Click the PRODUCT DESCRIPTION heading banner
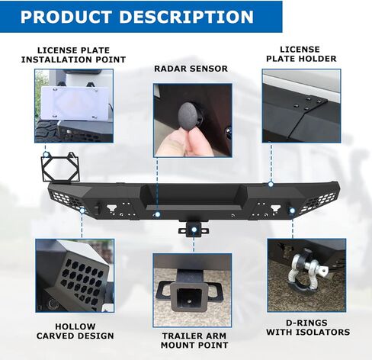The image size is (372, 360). click(141, 17)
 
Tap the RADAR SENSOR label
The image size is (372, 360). click(191, 69)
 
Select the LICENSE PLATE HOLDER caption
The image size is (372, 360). click(301, 54)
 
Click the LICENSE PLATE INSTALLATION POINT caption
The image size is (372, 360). click(73, 55)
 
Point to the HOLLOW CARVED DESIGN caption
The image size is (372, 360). click(75, 331)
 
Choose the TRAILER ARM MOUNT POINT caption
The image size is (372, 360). click(194, 340)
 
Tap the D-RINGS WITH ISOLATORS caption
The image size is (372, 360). click(308, 327)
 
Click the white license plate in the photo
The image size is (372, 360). click(72, 103)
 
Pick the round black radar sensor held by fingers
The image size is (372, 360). click(189, 116)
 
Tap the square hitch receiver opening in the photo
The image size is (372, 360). click(188, 297)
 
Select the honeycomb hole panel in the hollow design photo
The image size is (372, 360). click(82, 279)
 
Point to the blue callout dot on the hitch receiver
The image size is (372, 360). click(194, 230)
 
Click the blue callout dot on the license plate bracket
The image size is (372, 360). click(46, 154)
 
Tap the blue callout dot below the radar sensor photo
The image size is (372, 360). click(158, 214)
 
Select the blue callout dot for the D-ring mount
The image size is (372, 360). click(292, 211)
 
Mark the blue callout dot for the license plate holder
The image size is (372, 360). click(271, 185)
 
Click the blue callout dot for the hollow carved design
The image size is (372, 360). click(82, 211)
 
